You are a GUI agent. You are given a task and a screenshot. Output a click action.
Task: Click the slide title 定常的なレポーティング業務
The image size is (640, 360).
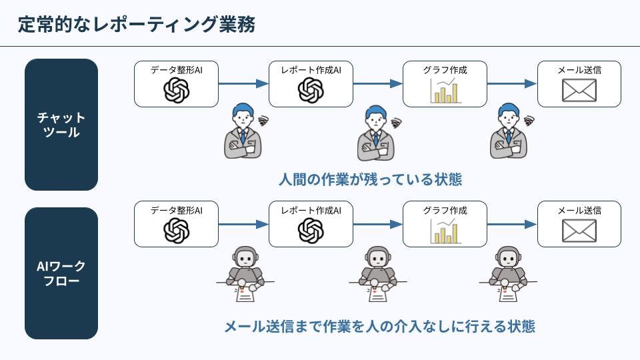tap(137, 25)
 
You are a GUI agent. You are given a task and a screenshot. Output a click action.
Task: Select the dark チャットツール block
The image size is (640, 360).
tap(61, 125)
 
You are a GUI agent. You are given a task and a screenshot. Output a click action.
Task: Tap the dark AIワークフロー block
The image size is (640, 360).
tap(61, 273)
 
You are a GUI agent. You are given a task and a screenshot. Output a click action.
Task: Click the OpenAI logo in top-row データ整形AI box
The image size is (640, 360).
tap(177, 91)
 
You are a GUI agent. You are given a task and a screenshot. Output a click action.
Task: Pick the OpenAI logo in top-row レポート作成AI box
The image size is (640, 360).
tap(311, 91)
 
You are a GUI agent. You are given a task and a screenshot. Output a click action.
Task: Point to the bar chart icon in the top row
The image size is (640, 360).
tap(445, 91)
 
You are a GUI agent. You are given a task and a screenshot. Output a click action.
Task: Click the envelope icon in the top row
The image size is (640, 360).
tap(579, 91)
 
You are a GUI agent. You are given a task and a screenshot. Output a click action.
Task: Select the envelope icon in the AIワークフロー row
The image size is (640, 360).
tap(579, 231)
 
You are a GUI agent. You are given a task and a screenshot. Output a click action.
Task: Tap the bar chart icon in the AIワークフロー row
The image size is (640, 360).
tap(445, 231)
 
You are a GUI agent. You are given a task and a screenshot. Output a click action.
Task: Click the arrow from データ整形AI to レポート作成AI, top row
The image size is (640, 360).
tap(243, 84)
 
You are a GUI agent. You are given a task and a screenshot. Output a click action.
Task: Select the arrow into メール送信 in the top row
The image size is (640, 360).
tap(512, 84)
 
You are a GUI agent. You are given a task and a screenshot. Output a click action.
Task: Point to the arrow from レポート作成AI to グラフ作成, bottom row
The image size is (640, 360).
tap(378, 225)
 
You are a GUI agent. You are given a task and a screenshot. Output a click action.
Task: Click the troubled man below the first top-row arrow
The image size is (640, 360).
tap(244, 131)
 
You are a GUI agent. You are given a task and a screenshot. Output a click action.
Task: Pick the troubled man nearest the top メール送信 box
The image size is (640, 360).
tap(510, 131)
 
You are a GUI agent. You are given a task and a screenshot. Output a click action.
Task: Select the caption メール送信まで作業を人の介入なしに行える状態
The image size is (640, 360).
tap(379, 327)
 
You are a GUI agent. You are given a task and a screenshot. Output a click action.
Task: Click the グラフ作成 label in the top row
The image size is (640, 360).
tap(445, 69)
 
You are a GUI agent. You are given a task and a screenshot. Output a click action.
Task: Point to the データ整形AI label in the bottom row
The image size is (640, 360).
tap(176, 210)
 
